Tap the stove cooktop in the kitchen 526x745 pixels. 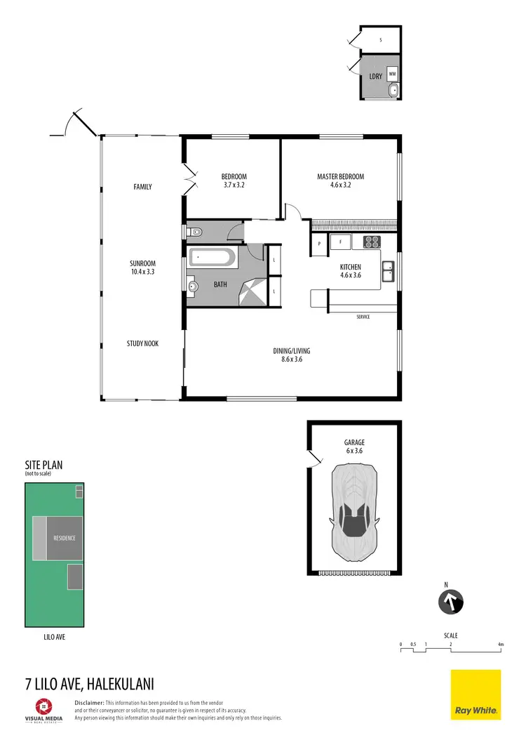(x=371, y=242)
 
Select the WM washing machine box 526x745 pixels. (x=392, y=74)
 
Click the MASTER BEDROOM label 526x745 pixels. (x=340, y=177)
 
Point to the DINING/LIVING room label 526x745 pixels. (x=292, y=351)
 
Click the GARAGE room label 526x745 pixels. (x=354, y=442)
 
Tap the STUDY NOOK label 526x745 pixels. (x=142, y=343)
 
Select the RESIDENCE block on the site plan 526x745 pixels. (x=65, y=538)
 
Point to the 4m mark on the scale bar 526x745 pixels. (x=500, y=644)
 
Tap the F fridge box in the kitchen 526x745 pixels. (x=341, y=243)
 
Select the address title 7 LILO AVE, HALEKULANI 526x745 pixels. (x=90, y=683)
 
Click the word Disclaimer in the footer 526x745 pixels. (x=89, y=702)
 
